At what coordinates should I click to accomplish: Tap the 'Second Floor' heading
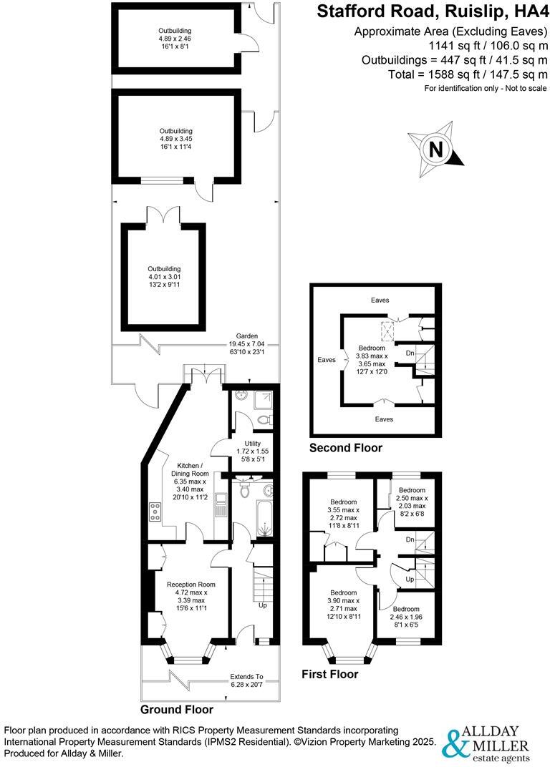pyautogui.click(x=345, y=449)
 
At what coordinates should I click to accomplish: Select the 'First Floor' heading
pyautogui.click(x=329, y=674)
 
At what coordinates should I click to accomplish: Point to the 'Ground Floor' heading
pyautogui.click(x=176, y=710)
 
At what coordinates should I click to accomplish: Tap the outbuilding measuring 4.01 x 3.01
pyautogui.click(x=165, y=275)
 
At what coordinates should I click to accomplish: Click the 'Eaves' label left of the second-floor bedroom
pyautogui.click(x=327, y=361)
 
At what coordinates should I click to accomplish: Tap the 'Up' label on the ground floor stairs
pyautogui.click(x=262, y=605)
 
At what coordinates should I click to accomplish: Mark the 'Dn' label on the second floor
pyautogui.click(x=409, y=353)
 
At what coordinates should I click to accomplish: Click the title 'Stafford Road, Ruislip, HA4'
pyautogui.click(x=432, y=12)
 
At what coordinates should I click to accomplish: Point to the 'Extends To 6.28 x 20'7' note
pyautogui.click(x=246, y=680)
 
